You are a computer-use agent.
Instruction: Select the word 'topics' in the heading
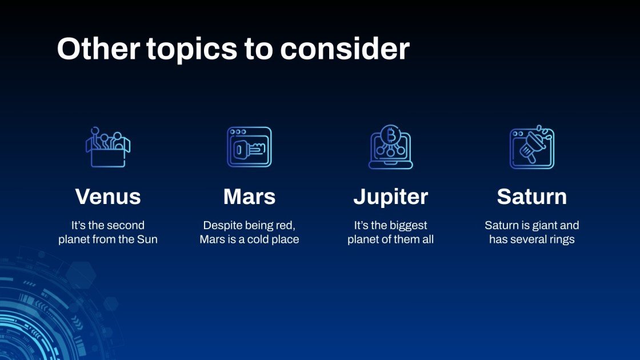(x=191, y=50)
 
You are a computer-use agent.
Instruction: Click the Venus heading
(x=107, y=197)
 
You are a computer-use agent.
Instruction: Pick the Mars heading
(x=249, y=197)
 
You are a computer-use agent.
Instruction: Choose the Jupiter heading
(x=390, y=197)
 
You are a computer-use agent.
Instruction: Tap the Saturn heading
(x=531, y=197)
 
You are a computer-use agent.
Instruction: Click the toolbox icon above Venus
(x=107, y=147)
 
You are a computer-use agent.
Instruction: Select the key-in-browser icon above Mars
(x=249, y=147)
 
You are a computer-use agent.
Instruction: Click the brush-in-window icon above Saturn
(x=531, y=147)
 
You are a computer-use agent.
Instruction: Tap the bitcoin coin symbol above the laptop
(x=391, y=135)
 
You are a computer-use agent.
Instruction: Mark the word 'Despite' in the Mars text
(x=221, y=226)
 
